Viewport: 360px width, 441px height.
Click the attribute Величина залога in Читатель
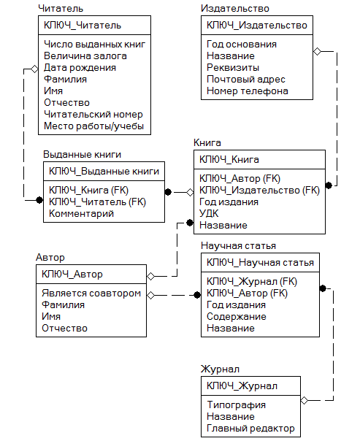(x=85, y=56)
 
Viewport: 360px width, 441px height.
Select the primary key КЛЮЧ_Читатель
(x=83, y=26)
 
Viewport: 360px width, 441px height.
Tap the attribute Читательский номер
(x=93, y=115)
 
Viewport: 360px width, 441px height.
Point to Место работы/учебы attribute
(x=94, y=126)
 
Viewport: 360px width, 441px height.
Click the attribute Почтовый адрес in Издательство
(x=246, y=80)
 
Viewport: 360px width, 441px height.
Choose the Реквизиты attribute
(x=233, y=67)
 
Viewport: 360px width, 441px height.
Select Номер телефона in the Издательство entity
(x=248, y=91)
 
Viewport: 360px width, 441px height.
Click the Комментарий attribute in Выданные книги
(x=81, y=213)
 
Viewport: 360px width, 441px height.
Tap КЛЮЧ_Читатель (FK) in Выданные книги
(x=97, y=202)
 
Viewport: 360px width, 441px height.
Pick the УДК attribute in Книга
(x=209, y=213)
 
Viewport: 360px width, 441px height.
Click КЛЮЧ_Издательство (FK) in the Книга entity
(x=259, y=191)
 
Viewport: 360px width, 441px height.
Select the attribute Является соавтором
(x=91, y=293)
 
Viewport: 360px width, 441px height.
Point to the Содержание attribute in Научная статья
(x=237, y=316)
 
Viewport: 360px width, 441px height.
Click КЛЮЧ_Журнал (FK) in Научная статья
(x=252, y=282)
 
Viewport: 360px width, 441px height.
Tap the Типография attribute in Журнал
(x=237, y=404)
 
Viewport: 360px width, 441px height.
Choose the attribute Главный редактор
(x=250, y=428)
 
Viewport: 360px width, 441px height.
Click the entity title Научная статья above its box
(x=238, y=246)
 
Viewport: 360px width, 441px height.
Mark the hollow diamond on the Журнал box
(x=305, y=400)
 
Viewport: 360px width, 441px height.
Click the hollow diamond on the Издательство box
(x=317, y=51)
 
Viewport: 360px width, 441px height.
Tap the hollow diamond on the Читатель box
(x=34, y=69)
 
